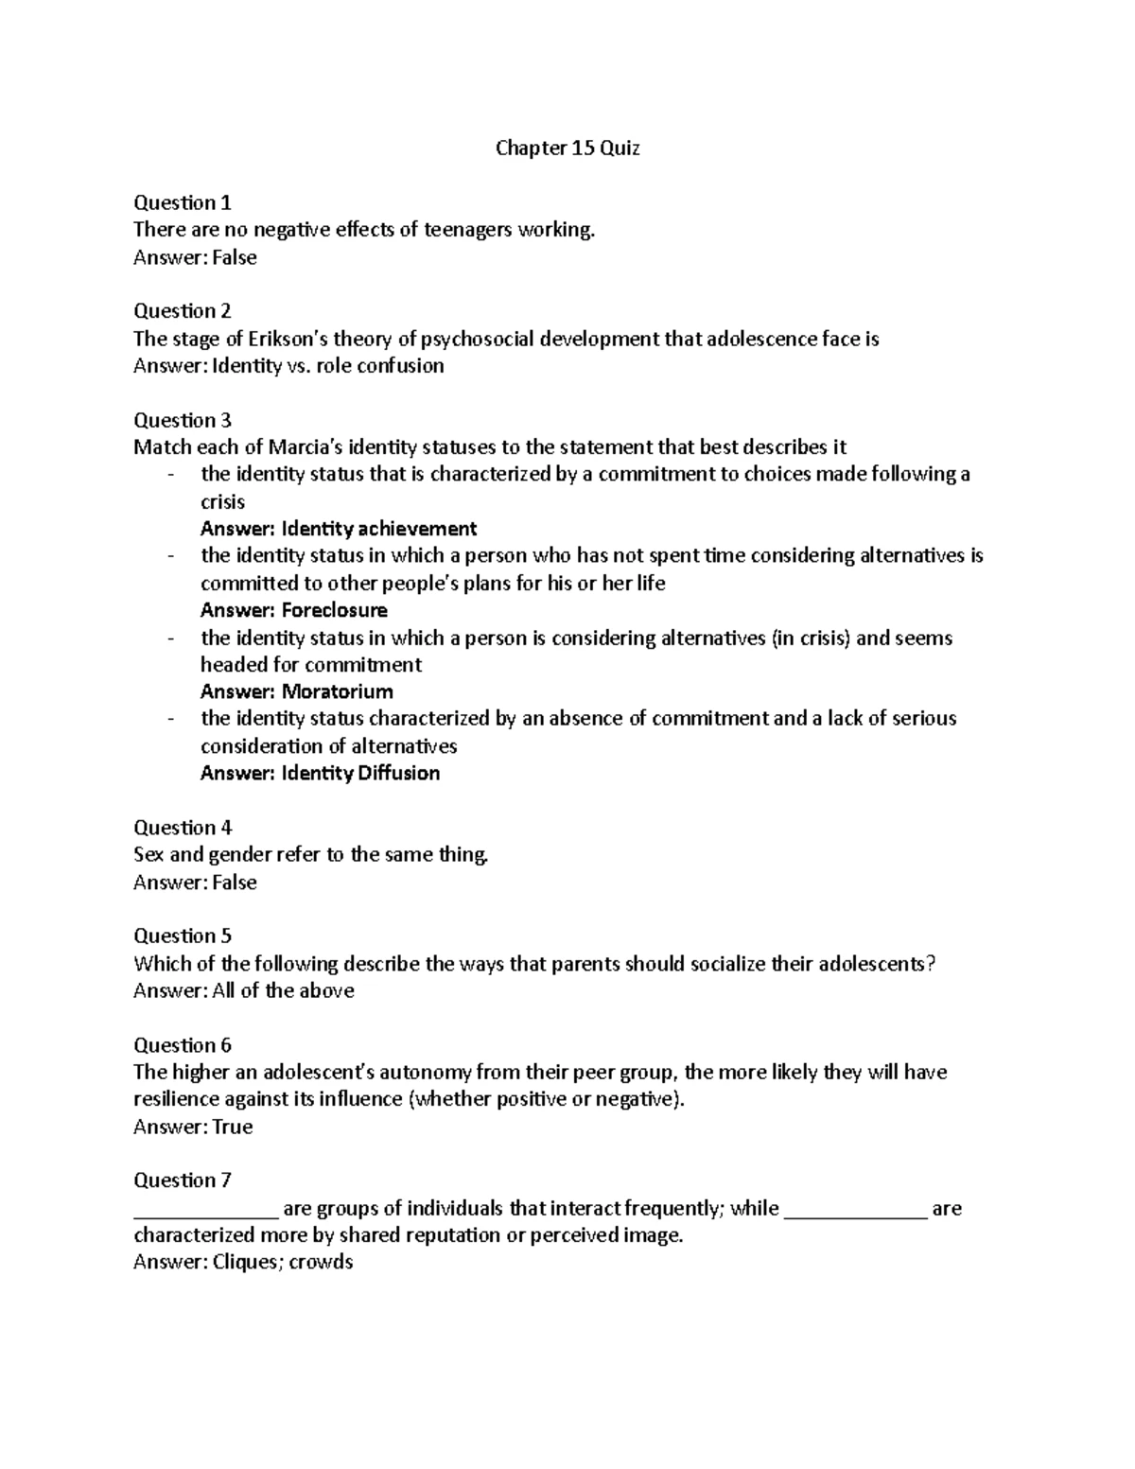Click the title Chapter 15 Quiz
pyautogui.click(x=567, y=149)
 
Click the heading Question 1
pyautogui.click(x=183, y=202)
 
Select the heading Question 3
pyautogui.click(x=183, y=420)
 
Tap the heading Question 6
pyautogui.click(x=183, y=1045)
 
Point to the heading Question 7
pyautogui.click(x=183, y=1180)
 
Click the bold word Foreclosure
pyautogui.click(x=335, y=610)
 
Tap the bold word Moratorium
pyautogui.click(x=338, y=691)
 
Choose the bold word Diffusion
pyautogui.click(x=398, y=773)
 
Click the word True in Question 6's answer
pyautogui.click(x=233, y=1127)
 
